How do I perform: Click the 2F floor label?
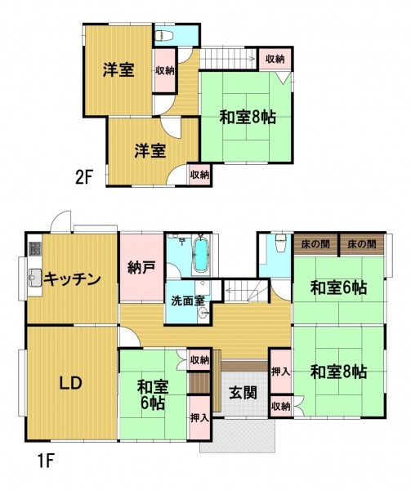83,178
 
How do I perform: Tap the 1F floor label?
47,461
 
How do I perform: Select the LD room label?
71,383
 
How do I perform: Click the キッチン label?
72,279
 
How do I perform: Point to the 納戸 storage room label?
141,268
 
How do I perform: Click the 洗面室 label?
188,301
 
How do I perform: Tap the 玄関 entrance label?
243,393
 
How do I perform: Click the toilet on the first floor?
280,243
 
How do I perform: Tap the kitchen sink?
35,277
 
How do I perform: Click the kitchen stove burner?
35,249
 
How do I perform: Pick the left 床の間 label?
315,243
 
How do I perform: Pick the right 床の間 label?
362,243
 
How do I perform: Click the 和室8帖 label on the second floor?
248,118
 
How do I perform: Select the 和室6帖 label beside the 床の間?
338,287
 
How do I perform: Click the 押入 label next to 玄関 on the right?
280,372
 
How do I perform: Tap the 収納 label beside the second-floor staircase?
275,59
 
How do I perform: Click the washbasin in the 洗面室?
203,313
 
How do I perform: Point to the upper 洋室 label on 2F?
118,69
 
